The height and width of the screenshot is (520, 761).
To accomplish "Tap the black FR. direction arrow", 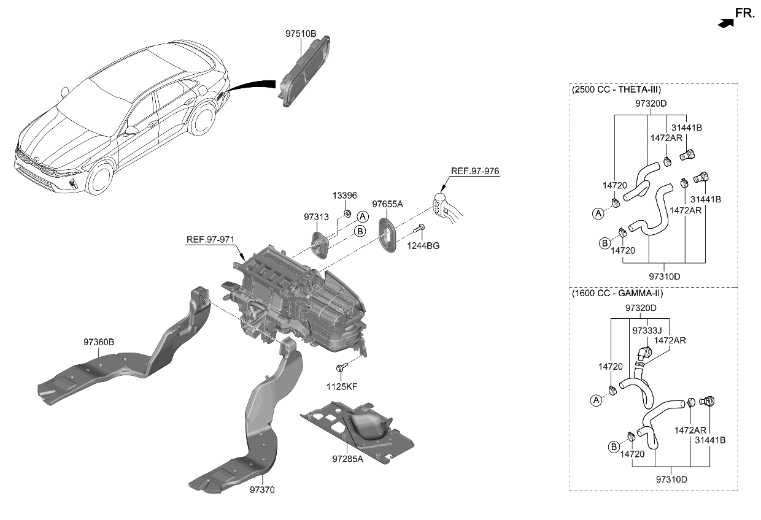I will click(725, 23).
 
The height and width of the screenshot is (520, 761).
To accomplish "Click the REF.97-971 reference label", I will click(211, 239).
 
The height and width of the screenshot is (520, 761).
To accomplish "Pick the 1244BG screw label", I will click(423, 246).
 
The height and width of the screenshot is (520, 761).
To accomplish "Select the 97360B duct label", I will click(99, 342).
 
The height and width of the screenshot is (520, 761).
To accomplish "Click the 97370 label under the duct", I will click(263, 490).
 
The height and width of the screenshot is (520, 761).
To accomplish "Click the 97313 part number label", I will click(316, 218).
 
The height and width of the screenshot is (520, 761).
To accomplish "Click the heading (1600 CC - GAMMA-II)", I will click(617, 293).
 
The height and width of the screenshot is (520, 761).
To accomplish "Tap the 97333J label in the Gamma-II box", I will click(645, 331).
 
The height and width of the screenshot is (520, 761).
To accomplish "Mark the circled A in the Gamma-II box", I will click(595, 400).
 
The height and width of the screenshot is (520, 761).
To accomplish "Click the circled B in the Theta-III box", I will click(604, 243).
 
